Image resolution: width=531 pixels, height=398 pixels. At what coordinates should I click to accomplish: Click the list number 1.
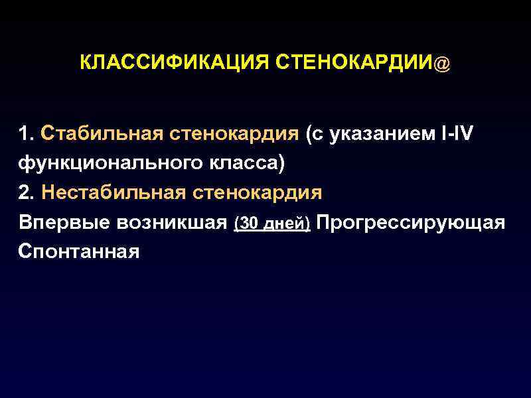click(x=26, y=135)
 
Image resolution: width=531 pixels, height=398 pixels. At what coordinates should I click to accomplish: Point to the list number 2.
click(x=26, y=192)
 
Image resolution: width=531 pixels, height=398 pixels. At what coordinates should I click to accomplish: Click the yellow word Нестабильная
click(x=112, y=192)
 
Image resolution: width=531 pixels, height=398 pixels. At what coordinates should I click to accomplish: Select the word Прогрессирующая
click(x=411, y=222)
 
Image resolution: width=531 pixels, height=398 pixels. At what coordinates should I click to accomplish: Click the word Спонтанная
click(x=79, y=251)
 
